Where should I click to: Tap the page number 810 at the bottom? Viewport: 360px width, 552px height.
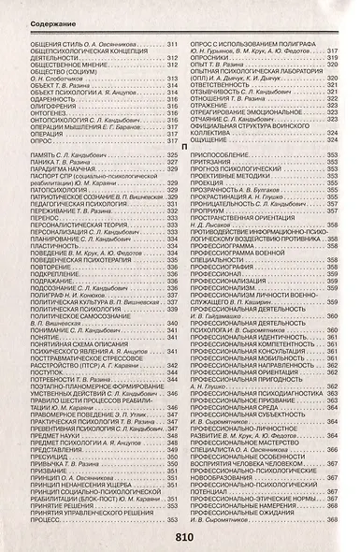[x=182, y=538]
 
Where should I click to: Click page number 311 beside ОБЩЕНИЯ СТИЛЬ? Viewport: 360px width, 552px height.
[x=171, y=44]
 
